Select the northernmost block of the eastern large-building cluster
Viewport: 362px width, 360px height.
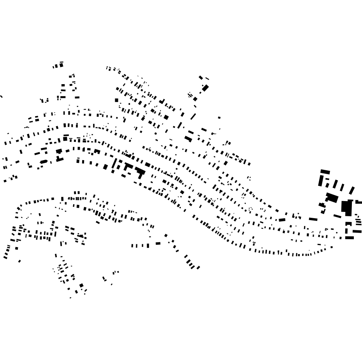325,172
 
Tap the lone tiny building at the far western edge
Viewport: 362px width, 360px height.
1,96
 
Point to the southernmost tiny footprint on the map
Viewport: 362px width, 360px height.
70,298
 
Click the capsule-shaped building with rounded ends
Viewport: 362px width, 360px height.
44,162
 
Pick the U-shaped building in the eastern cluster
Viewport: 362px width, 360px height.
349,224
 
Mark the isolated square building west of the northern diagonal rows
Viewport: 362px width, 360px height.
116,100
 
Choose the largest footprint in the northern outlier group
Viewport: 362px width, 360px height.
205,88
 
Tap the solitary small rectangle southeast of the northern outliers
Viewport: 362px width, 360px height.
219,117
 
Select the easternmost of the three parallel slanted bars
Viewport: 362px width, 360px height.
351,190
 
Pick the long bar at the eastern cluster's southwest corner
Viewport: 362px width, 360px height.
313,219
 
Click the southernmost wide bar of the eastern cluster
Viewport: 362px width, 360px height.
349,238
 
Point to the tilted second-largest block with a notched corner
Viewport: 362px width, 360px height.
332,198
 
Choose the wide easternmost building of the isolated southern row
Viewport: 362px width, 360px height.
158,244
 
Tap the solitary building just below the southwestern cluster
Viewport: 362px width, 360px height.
19,261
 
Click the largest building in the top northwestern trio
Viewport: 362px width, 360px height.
61,64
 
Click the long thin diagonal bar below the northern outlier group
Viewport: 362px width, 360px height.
193,116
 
